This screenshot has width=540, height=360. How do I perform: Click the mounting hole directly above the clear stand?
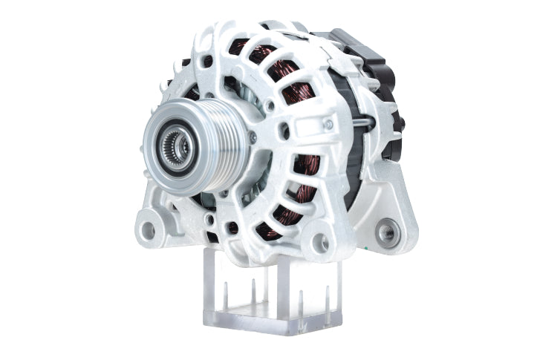click(x=321, y=242)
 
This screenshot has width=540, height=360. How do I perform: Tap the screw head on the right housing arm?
click(x=328, y=124)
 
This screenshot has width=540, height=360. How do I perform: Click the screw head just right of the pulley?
click(x=253, y=137)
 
